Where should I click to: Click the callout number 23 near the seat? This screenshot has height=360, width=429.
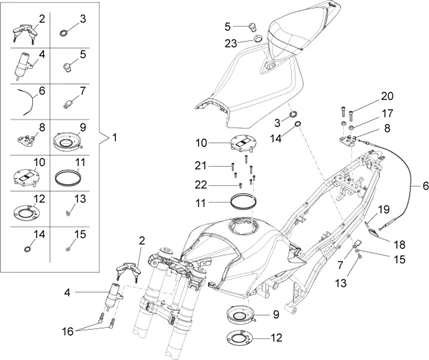coord(230,43)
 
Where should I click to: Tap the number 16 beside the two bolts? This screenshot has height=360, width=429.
coord(68,331)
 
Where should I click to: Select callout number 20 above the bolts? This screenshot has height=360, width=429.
coord(387,96)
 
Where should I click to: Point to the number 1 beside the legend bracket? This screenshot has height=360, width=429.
coord(114,137)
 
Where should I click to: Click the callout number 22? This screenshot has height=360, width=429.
coord(201,185)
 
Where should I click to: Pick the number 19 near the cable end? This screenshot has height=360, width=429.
coord(383,210)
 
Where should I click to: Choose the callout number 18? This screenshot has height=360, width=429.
coord(399,245)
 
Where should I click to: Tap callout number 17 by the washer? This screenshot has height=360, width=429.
coord(387,113)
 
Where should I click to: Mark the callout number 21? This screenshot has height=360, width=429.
coord(201,165)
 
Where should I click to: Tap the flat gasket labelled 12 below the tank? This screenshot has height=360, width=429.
coord(239,338)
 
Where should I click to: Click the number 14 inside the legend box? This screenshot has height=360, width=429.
coord(39,234)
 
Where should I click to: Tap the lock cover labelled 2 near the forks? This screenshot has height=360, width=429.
coord(129,270)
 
